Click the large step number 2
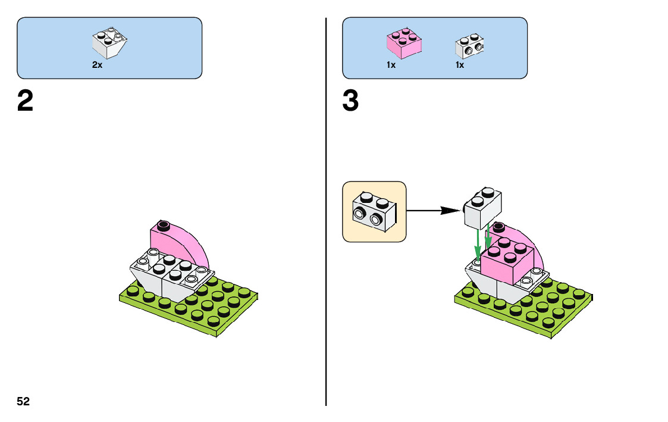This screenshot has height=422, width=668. [x=25, y=102]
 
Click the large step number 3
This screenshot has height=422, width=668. [x=350, y=102]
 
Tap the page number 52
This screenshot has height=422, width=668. [x=23, y=402]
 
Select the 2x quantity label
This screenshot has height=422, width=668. [x=97, y=65]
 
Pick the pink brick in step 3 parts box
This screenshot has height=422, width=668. [x=404, y=43]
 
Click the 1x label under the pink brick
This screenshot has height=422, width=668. [x=391, y=65]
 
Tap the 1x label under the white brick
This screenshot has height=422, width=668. [x=460, y=65]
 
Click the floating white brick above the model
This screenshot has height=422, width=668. [x=482, y=208]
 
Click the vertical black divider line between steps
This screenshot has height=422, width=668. [x=326, y=238]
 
